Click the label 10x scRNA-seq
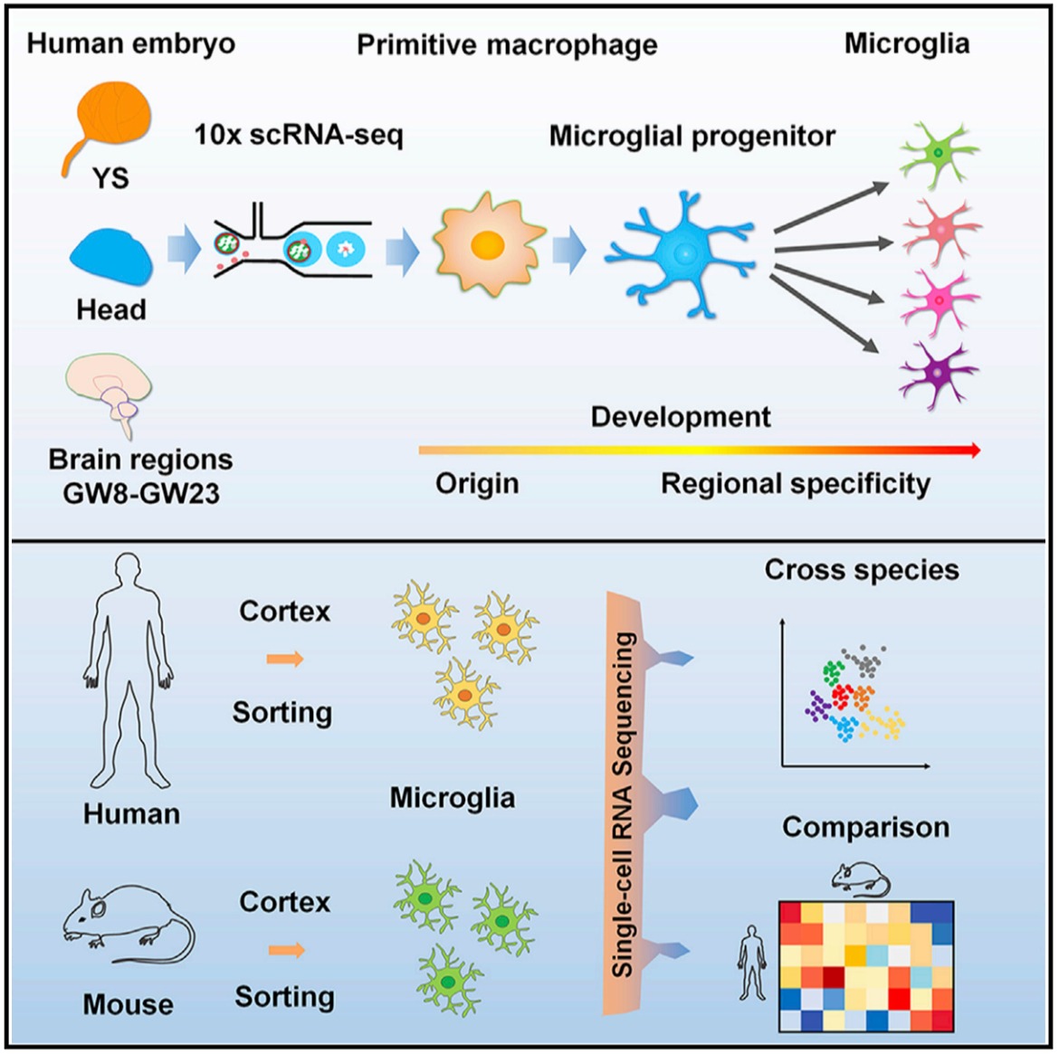pos(298,136)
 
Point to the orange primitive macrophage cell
pos(488,244)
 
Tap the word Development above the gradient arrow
pos(681,417)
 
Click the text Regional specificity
pos(795,484)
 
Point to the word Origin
pos(477,484)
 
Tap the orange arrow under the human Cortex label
pos(285,660)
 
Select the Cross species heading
pos(861,570)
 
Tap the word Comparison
pos(865,827)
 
